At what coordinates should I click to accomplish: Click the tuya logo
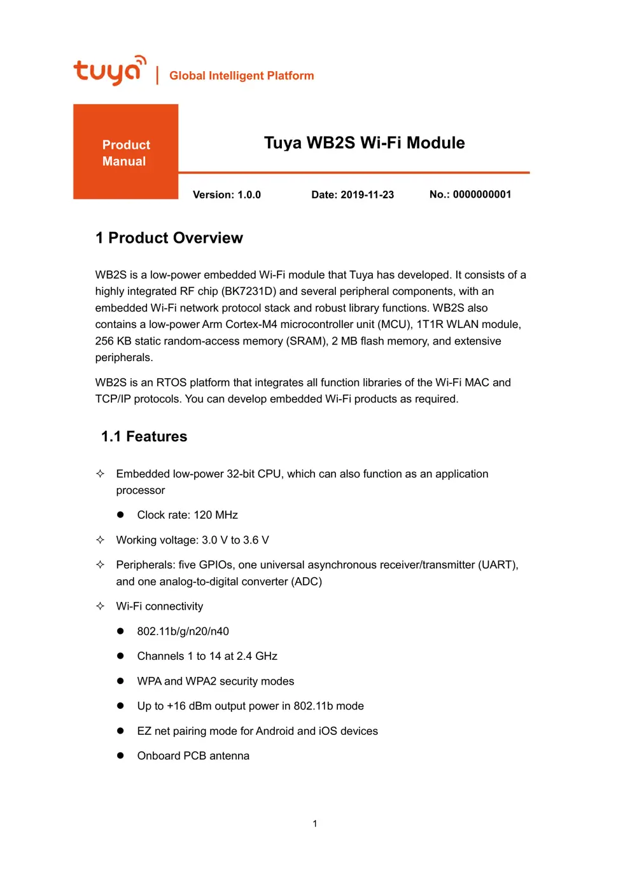[109, 71]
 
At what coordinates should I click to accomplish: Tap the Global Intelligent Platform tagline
[241, 76]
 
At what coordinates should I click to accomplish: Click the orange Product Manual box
[125, 152]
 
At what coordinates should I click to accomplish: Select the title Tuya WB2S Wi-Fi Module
[364, 142]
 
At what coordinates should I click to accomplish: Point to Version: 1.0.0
[227, 195]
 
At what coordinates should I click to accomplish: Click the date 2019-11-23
[367, 195]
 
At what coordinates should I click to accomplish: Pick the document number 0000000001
[482, 195]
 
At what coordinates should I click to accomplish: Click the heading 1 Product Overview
[169, 238]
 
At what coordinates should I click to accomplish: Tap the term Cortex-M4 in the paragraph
[251, 324]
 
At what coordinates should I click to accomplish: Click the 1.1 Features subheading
[144, 437]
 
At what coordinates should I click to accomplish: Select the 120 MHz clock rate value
[215, 515]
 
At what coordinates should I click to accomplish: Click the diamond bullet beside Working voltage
[100, 540]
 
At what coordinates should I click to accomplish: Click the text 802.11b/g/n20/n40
[183, 631]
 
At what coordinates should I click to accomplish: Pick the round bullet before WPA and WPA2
[120, 681]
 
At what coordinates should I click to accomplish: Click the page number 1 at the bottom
[314, 823]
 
